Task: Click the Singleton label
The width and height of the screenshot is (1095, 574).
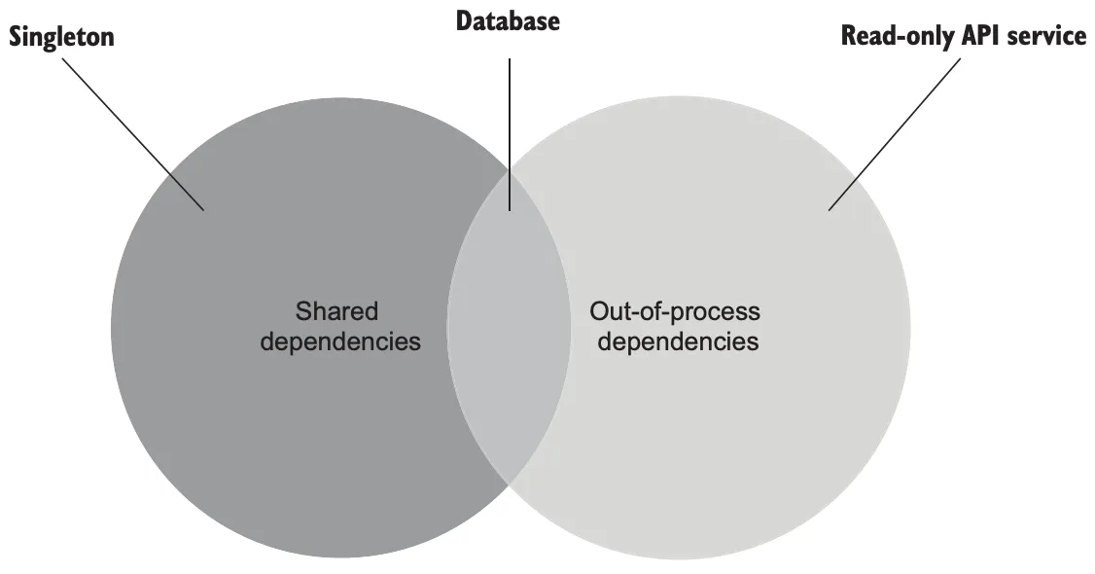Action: tap(61, 37)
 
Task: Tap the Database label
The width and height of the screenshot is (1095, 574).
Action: tap(508, 19)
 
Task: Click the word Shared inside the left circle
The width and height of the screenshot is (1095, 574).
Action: tap(336, 312)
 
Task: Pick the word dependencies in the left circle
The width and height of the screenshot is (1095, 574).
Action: tap(341, 341)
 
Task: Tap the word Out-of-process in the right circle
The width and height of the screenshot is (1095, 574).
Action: tap(675, 312)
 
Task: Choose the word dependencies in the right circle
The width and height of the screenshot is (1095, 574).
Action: tap(678, 341)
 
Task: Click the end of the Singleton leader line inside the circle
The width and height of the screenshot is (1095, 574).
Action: tap(203, 209)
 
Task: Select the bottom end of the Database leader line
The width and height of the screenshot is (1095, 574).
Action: tap(509, 210)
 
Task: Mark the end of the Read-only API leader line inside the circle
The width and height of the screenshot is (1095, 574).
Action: tap(829, 209)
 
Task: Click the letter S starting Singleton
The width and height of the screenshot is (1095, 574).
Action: tap(16, 37)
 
